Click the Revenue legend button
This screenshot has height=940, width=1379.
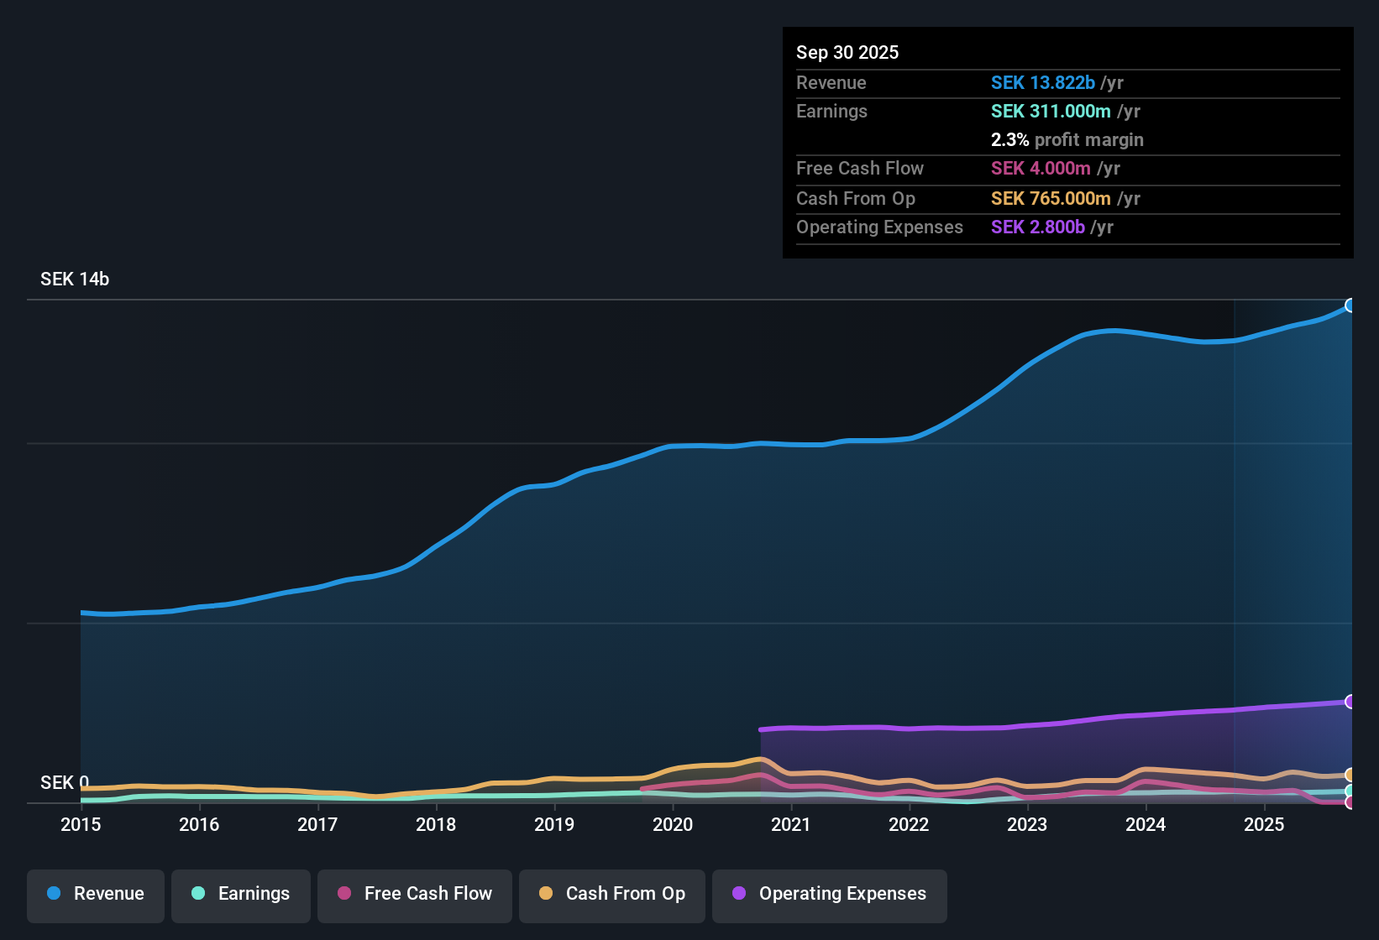click(x=96, y=894)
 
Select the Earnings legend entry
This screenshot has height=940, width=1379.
click(x=241, y=894)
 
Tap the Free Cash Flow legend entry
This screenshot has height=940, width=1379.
click(x=415, y=894)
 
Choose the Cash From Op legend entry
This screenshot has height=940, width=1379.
click(x=612, y=894)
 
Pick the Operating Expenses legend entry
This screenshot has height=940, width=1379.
click(x=830, y=894)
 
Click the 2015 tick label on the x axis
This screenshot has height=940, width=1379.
click(x=81, y=824)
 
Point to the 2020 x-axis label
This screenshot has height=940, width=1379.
click(x=673, y=824)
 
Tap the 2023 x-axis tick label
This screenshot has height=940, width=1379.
click(x=1027, y=824)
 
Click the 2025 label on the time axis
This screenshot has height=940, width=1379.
click(x=1264, y=824)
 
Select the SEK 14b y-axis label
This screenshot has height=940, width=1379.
click(x=75, y=279)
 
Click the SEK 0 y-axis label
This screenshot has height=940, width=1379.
click(x=64, y=783)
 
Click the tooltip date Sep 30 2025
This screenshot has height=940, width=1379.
click(x=847, y=52)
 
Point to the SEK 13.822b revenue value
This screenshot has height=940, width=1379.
click(x=1043, y=83)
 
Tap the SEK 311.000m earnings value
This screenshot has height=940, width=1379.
click(x=1051, y=112)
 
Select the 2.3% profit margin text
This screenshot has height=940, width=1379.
click(x=1067, y=140)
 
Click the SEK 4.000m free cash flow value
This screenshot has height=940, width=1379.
click(x=1041, y=169)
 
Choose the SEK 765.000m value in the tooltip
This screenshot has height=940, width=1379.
click(x=1051, y=199)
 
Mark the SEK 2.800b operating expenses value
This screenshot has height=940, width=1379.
click(x=1038, y=227)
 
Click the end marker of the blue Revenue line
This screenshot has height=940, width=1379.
click(x=1350, y=305)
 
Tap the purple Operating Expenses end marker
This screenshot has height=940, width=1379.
click(x=1350, y=702)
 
